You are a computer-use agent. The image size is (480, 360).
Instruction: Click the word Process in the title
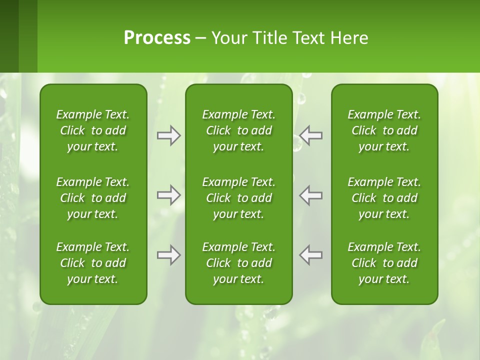coord(157,38)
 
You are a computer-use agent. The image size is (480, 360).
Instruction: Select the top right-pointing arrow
coord(169,135)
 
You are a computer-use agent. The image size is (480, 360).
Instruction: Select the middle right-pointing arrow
coord(169,195)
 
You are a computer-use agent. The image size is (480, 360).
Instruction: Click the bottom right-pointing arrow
coord(169,255)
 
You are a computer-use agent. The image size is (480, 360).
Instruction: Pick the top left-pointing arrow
coord(311,135)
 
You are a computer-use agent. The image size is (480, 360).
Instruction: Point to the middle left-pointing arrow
coord(311,195)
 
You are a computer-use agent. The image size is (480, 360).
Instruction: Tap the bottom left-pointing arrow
coord(311,255)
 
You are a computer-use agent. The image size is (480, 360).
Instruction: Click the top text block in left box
coord(93,130)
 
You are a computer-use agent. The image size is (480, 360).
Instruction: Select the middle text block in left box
coord(93,198)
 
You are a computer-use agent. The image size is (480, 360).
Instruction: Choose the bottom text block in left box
coord(93,263)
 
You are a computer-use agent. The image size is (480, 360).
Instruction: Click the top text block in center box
coord(239,130)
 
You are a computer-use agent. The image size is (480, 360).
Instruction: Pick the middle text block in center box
coord(239,198)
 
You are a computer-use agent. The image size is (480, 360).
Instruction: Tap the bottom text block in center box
coord(239,263)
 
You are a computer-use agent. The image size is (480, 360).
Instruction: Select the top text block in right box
coord(384,130)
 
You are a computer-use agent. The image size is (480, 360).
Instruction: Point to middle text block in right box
coord(384,198)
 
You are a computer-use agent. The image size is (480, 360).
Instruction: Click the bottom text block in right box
coord(384,263)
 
